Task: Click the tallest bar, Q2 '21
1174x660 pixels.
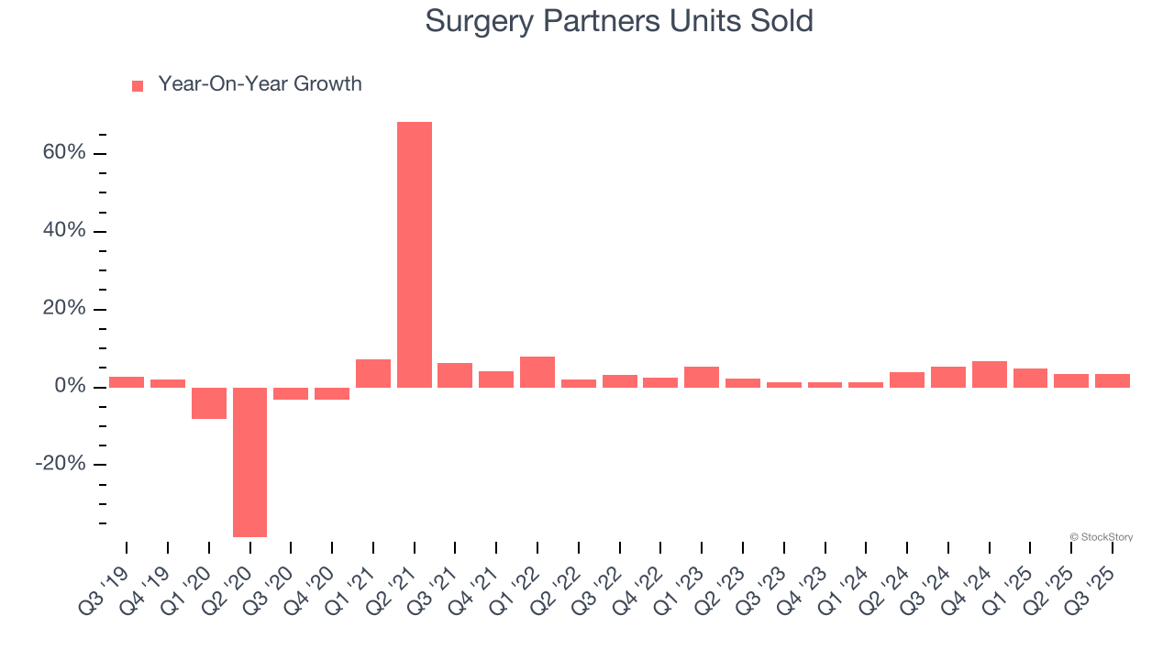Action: click(415, 254)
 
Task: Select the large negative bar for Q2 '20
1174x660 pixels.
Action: click(249, 462)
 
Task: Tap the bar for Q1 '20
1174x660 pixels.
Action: click(209, 403)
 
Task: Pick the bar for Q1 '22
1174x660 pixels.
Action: click(537, 372)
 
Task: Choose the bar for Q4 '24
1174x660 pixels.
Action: click(990, 374)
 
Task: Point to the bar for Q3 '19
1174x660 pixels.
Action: click(127, 382)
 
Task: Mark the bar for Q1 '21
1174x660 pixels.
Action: click(373, 373)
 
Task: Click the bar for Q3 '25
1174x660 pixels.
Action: click(1113, 380)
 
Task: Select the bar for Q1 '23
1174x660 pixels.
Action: click(702, 377)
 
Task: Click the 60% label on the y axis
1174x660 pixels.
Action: click(64, 152)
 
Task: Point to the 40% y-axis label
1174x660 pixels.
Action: click(64, 230)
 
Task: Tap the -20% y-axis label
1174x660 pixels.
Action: click(61, 464)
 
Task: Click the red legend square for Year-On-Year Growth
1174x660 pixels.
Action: click(138, 85)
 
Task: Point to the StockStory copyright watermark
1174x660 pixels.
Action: click(1101, 537)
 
